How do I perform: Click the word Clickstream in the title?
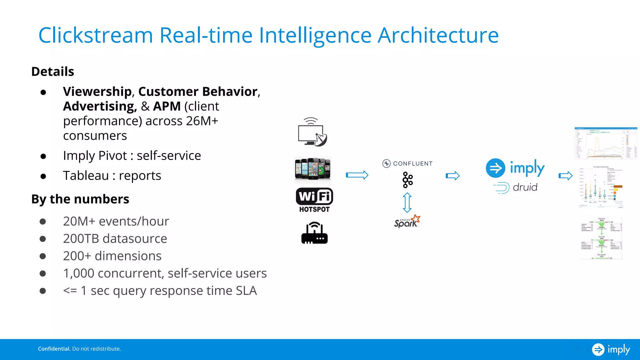pyautogui.click(x=95, y=35)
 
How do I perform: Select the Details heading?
pyautogui.click(x=52, y=72)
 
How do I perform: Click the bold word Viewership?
pyautogui.click(x=97, y=92)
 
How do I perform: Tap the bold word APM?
pyautogui.click(x=167, y=106)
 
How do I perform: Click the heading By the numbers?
pyautogui.click(x=80, y=199)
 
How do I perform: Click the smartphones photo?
pyautogui.click(x=313, y=169)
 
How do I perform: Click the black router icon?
pyautogui.click(x=314, y=233)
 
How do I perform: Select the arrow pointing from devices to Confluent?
pyautogui.click(x=357, y=175)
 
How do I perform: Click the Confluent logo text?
pyautogui.click(x=412, y=163)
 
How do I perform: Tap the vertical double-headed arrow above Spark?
pyautogui.click(x=407, y=202)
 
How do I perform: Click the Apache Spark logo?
pyautogui.click(x=407, y=222)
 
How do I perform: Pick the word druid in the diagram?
pyautogui.click(x=525, y=187)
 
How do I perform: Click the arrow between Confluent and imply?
pyautogui.click(x=452, y=176)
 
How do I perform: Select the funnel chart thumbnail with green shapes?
pyautogui.click(x=601, y=238)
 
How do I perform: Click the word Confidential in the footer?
pyautogui.click(x=54, y=349)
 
